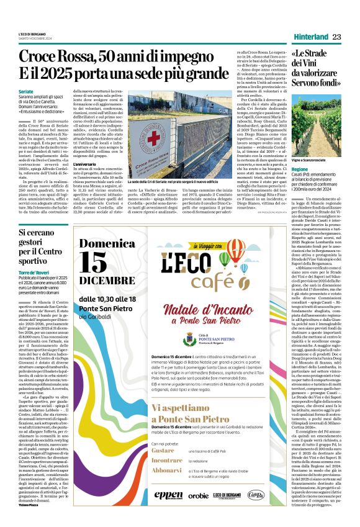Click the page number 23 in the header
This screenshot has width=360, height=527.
[x=337, y=37]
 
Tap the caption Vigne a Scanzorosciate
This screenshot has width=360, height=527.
[x=314, y=160]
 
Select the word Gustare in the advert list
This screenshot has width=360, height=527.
[x=163, y=451]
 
